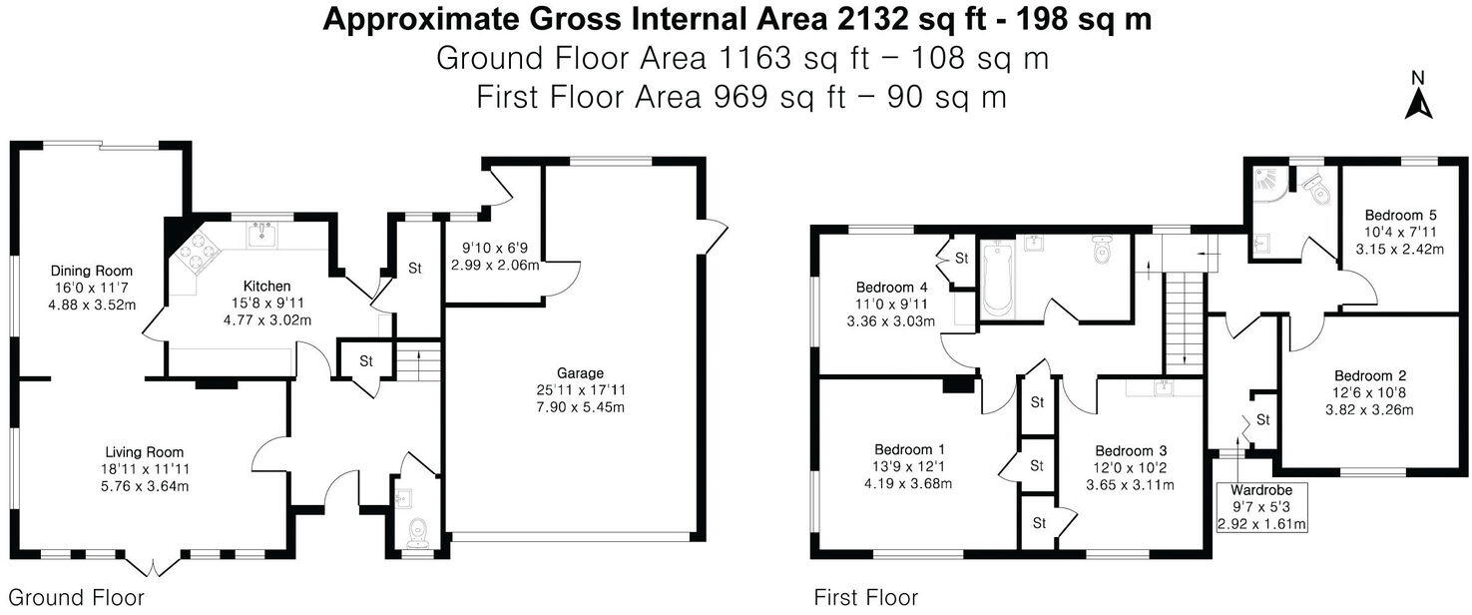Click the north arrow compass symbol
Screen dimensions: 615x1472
click(x=1416, y=96)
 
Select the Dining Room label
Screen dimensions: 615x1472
click(x=92, y=271)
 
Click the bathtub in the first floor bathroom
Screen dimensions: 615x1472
click(x=996, y=277)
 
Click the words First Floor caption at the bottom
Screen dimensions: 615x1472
click(x=865, y=598)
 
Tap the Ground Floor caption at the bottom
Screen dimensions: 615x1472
click(x=76, y=598)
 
